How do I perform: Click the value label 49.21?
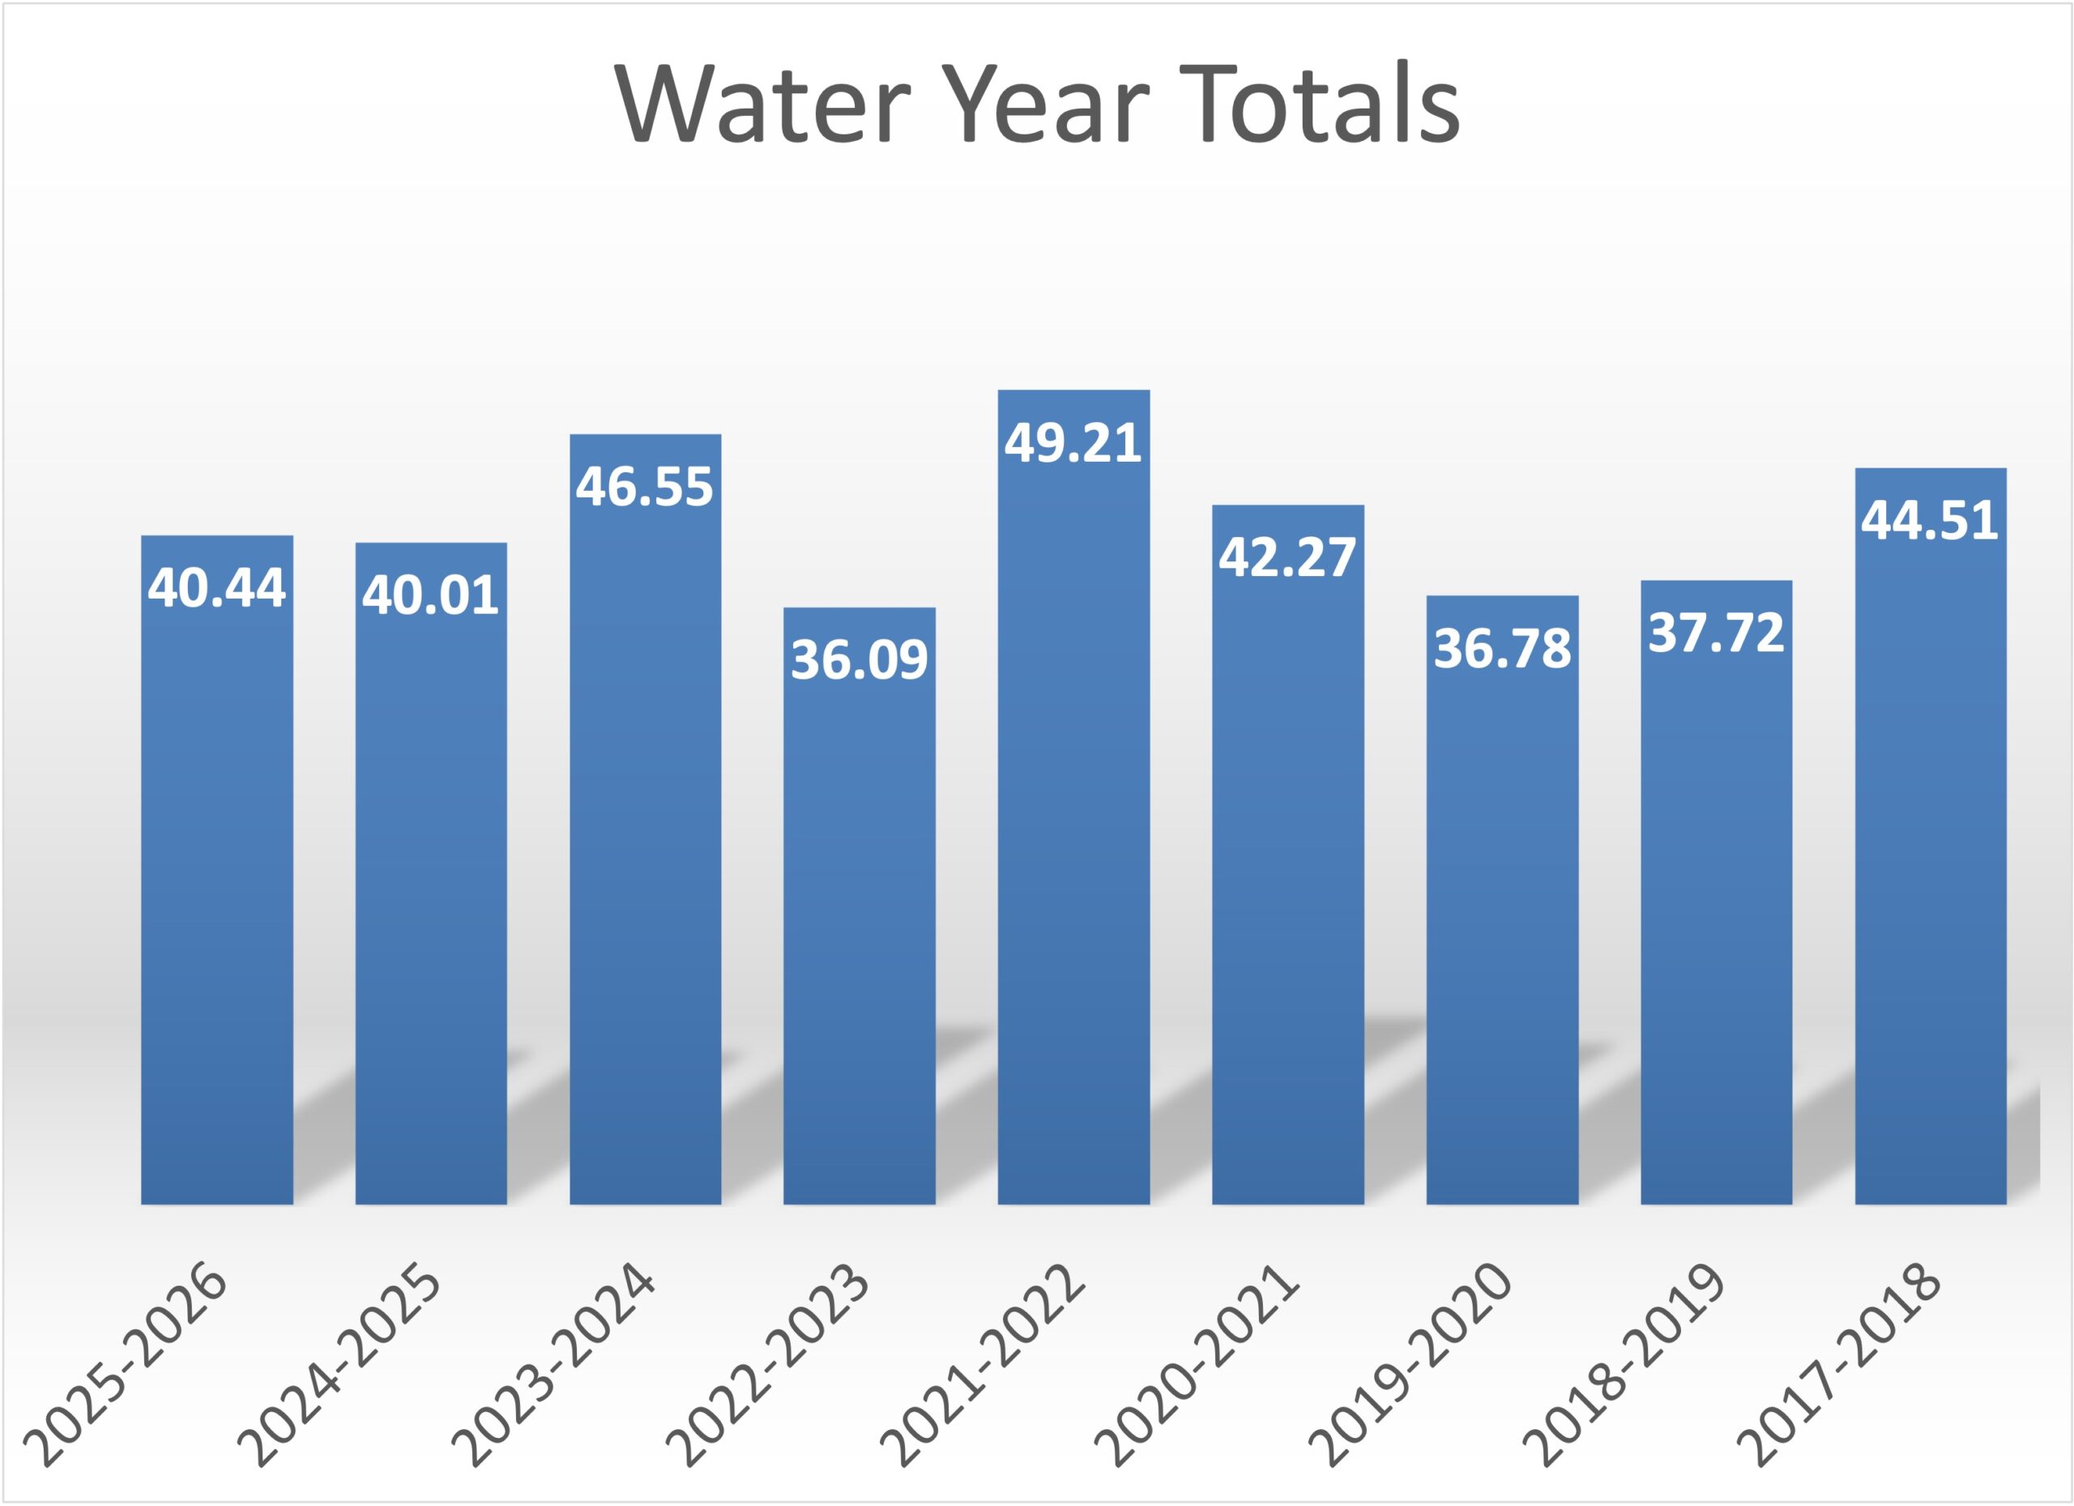click(1073, 442)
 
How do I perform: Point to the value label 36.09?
click(859, 659)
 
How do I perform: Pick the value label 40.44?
click(217, 587)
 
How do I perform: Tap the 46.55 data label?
click(645, 485)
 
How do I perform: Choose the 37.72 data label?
click(1716, 633)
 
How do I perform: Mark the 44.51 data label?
click(1930, 520)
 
